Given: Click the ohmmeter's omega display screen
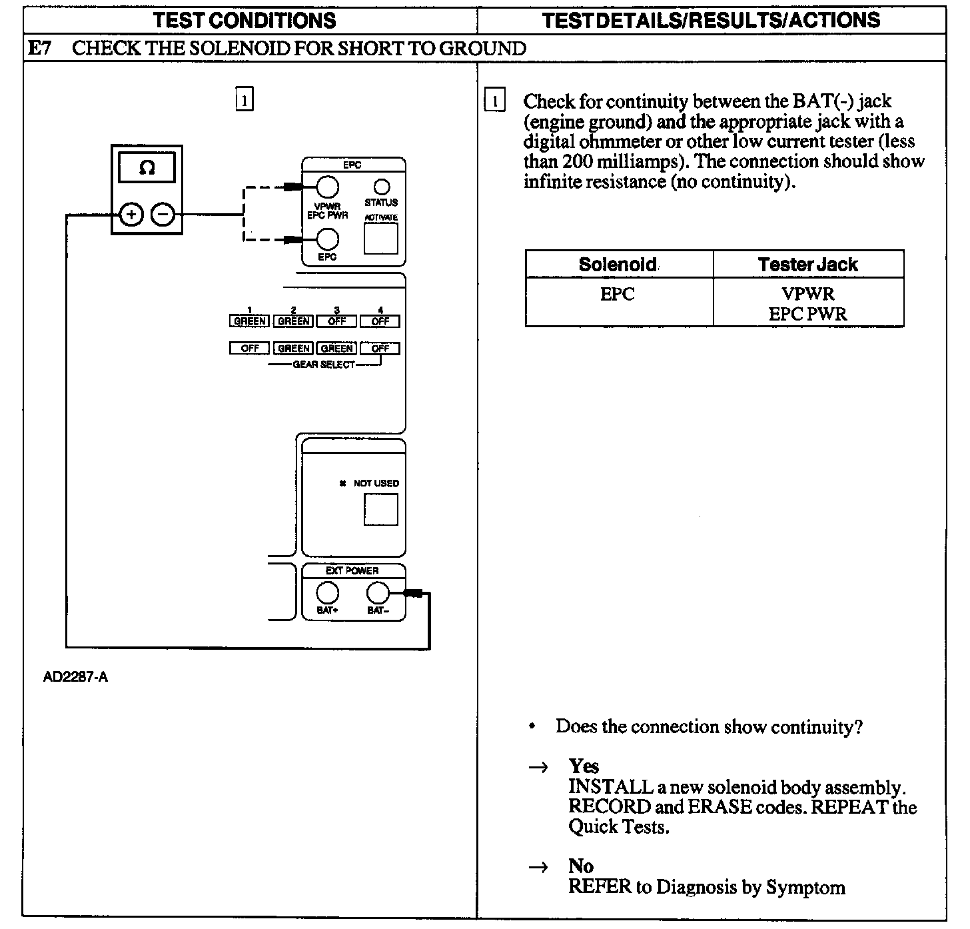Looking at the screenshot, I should click(147, 168).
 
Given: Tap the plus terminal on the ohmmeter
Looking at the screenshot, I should click(131, 215).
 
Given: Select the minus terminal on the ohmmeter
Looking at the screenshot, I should click(163, 215).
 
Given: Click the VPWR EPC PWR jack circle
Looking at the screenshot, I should click(327, 187).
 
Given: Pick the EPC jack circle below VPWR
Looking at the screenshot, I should click(327, 239).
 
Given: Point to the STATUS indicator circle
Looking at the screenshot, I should click(382, 187).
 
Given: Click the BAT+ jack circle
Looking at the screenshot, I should click(327, 592).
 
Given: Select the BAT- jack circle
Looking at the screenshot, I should click(378, 592).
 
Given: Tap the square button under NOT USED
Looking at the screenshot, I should click(380, 509).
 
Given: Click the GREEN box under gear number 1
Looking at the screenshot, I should click(250, 321).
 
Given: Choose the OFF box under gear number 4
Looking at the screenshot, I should click(380, 321).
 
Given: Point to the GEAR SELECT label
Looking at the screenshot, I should click(324, 365).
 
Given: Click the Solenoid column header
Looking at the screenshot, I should click(618, 265).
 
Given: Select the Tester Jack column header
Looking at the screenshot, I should click(807, 265).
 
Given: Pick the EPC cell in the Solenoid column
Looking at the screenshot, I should click(618, 294).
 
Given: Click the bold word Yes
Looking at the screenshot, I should click(584, 766).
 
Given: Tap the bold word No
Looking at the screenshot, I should click(581, 866).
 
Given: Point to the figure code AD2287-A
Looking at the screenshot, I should click(75, 678).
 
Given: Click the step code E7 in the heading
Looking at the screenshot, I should click(41, 48).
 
